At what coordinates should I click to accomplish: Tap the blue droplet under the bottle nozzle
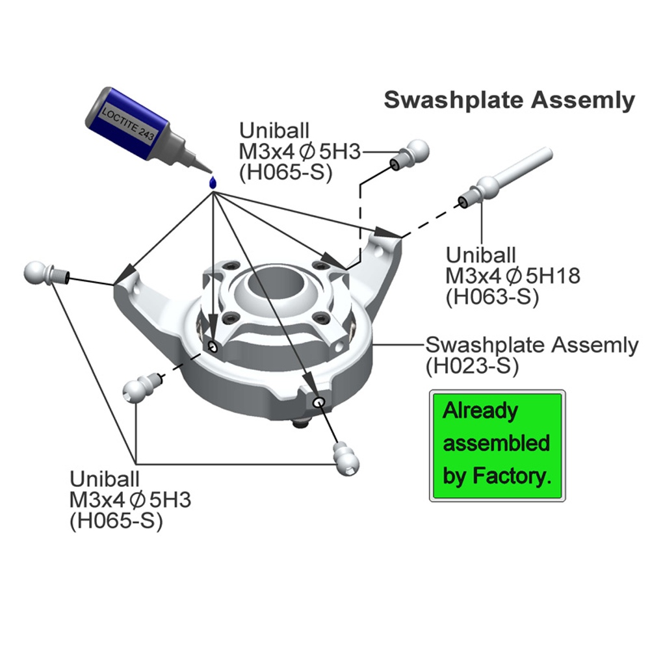[x=213, y=182]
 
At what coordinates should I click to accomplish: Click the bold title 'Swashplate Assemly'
[x=509, y=100]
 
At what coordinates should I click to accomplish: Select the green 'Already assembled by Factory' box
[x=497, y=445]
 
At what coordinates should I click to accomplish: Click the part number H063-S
[x=492, y=297]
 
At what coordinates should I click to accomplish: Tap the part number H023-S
[x=472, y=365]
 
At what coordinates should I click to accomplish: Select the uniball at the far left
[x=46, y=273]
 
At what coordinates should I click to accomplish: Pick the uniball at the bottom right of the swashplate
[x=346, y=458]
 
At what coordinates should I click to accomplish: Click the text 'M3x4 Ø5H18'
[x=513, y=276]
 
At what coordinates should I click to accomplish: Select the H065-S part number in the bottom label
[x=116, y=521]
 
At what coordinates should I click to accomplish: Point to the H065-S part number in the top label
[x=285, y=172]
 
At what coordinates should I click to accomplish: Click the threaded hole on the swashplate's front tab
[x=318, y=402]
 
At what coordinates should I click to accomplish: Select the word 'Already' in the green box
[x=480, y=411]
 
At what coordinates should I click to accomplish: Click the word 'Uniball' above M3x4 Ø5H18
[x=481, y=255]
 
